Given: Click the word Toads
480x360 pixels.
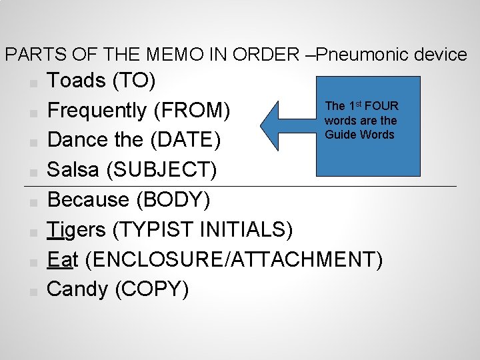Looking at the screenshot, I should click(x=76, y=81).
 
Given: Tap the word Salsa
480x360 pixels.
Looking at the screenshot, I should click(x=73, y=169).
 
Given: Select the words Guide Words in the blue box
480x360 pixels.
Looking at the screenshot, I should click(x=359, y=135).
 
